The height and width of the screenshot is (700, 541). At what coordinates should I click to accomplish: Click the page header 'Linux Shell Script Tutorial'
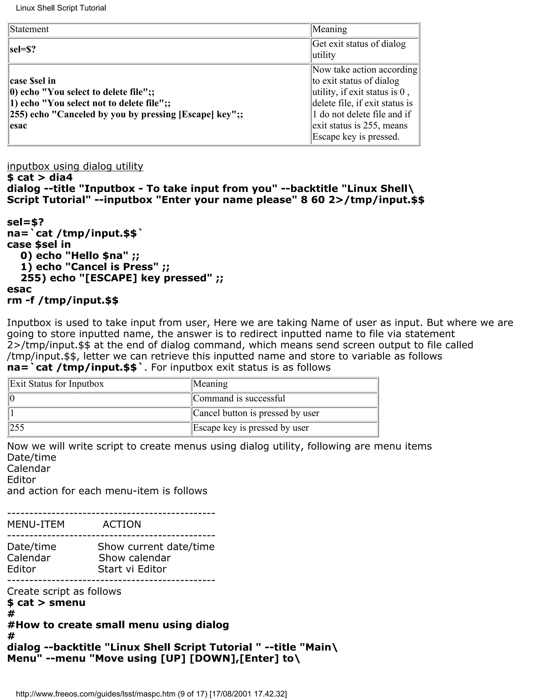click(x=61, y=8)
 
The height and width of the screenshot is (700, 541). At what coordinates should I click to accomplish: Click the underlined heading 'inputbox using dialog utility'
click(x=75, y=166)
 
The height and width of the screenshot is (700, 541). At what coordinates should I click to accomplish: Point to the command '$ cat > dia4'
click(x=40, y=177)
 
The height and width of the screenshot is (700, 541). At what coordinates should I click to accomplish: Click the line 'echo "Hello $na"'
click(x=80, y=255)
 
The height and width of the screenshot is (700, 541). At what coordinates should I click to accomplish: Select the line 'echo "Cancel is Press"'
click(x=95, y=267)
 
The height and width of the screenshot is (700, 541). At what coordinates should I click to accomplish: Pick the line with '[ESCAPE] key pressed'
click(x=122, y=278)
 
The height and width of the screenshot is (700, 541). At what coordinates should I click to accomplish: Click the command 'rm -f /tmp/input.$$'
click(x=63, y=300)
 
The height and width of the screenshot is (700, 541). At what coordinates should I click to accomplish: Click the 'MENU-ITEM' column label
click(x=36, y=524)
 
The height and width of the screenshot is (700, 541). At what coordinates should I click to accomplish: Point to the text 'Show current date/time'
click(x=156, y=547)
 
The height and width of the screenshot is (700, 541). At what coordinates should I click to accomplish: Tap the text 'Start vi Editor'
click(x=132, y=569)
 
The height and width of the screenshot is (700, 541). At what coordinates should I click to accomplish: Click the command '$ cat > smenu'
click(x=46, y=603)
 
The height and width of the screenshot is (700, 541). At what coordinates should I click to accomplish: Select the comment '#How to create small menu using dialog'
click(x=118, y=625)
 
